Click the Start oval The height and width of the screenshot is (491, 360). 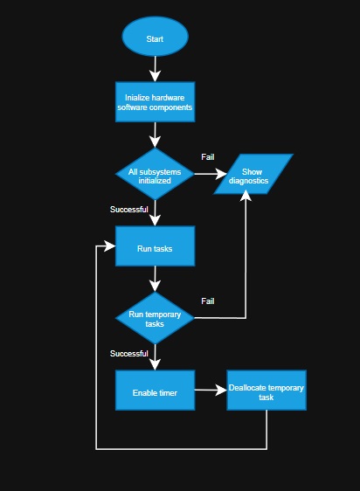pyautogui.click(x=155, y=38)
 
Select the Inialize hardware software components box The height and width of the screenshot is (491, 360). pyautogui.click(x=155, y=102)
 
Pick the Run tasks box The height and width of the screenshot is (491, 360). pyautogui.click(x=155, y=248)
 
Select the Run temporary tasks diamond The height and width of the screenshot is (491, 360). pyautogui.click(x=155, y=318)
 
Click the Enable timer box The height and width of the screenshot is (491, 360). pyautogui.click(x=155, y=392)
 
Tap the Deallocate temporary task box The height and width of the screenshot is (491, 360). pyautogui.click(x=267, y=391)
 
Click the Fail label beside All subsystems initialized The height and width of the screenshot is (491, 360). pyautogui.click(x=208, y=157)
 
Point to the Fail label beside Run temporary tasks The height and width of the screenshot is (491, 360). pyautogui.click(x=208, y=301)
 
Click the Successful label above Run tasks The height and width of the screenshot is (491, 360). pyautogui.click(x=128, y=210)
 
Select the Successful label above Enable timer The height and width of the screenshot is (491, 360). pyautogui.click(x=128, y=354)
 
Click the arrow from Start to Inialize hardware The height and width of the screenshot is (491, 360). pyautogui.click(x=155, y=69)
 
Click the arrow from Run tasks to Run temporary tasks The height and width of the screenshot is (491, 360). pyautogui.click(x=155, y=279)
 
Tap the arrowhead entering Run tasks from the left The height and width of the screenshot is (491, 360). pyautogui.click(x=110, y=248)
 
